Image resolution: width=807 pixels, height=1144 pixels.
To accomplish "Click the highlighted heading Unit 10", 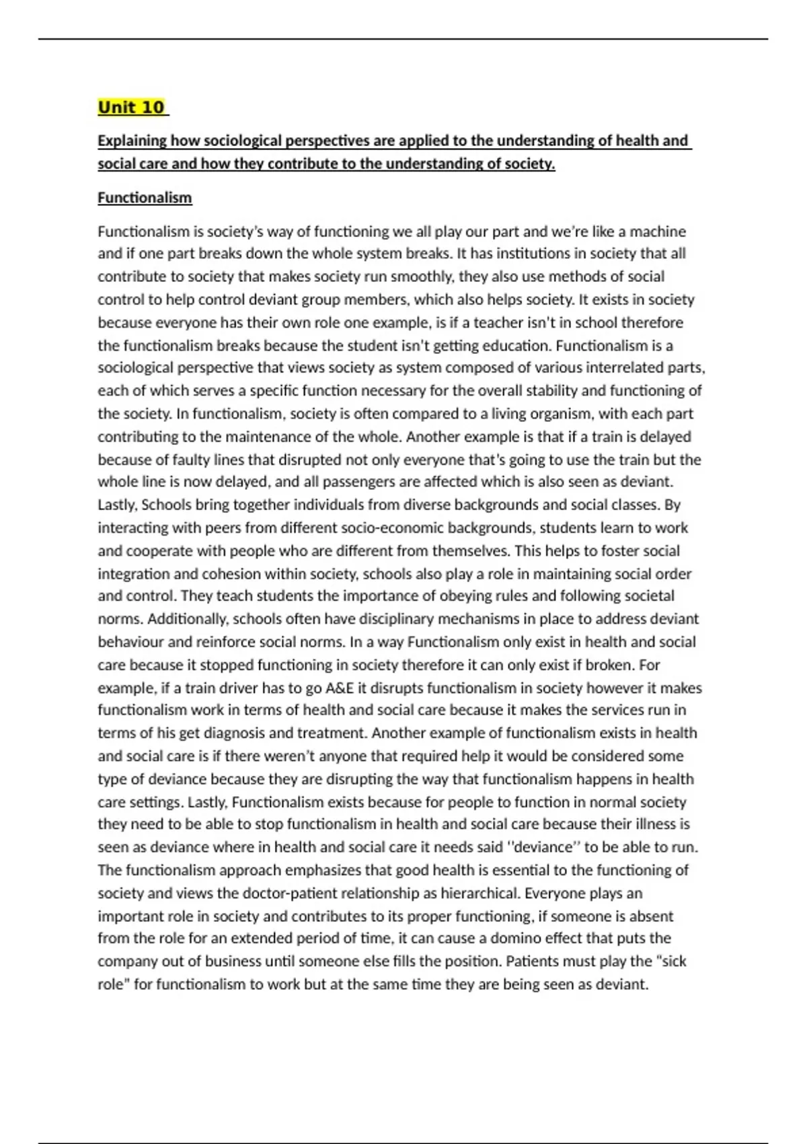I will [131, 107].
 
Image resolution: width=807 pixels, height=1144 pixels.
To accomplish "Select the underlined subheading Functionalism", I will [145, 198].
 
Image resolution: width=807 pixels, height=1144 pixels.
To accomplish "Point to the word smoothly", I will [422, 277].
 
